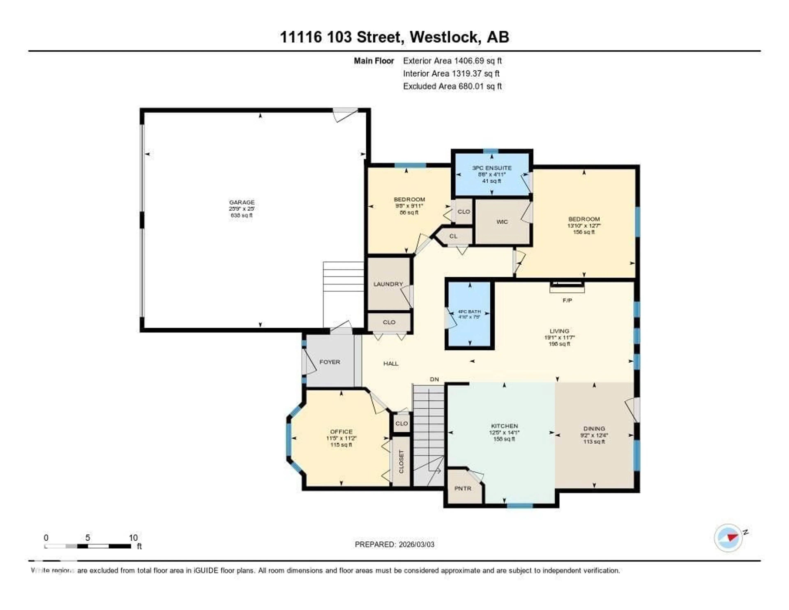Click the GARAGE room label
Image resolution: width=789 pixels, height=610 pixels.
pyautogui.click(x=242, y=202)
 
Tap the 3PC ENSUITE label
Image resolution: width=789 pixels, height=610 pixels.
pyautogui.click(x=492, y=168)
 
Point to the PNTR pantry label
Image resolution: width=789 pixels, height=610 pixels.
pyautogui.click(x=463, y=488)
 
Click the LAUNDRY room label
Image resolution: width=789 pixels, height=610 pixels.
pyautogui.click(x=388, y=284)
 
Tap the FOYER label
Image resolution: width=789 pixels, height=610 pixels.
pyautogui.click(x=330, y=362)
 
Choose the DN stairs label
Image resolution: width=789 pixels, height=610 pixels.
pyautogui.click(x=434, y=379)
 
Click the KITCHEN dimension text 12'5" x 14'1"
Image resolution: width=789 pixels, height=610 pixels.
pyautogui.click(x=504, y=433)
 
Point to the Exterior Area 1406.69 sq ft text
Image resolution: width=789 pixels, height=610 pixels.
pyautogui.click(x=452, y=61)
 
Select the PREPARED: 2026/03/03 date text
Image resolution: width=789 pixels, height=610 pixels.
pyautogui.click(x=394, y=545)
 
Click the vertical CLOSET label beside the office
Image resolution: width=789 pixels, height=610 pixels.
pyautogui.click(x=401, y=462)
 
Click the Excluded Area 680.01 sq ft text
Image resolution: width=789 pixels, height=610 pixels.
pyautogui.click(x=452, y=86)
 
